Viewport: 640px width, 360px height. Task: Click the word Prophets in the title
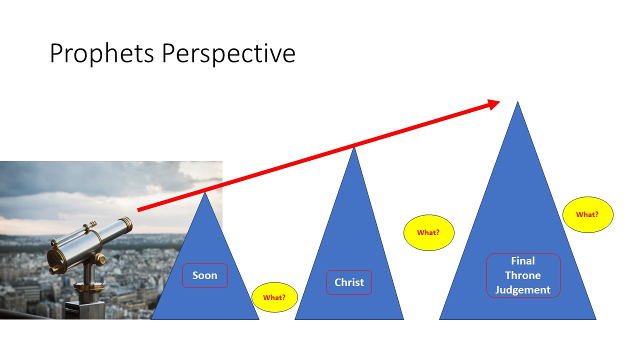(x=102, y=53)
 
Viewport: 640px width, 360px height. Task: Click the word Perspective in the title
(x=228, y=53)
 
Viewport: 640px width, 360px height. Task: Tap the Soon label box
(x=205, y=275)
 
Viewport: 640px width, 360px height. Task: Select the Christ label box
(x=349, y=282)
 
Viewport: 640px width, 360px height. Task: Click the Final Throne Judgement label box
(x=523, y=275)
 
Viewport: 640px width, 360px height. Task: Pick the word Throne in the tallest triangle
(x=523, y=275)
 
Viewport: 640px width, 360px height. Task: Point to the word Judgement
(x=523, y=290)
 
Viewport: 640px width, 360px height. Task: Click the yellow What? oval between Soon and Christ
(x=274, y=297)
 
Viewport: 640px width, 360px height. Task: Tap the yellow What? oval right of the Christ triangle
(x=428, y=232)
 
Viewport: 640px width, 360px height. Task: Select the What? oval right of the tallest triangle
(x=587, y=214)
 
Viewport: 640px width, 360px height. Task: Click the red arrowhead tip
(x=500, y=101)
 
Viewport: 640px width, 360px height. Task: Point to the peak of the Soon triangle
(x=205, y=192)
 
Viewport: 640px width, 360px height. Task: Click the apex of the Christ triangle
(x=354, y=147)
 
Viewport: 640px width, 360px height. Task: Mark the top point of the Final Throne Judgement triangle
(x=517, y=101)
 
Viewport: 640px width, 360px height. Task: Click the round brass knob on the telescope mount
(x=100, y=259)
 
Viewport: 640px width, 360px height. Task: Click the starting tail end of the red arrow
(x=138, y=210)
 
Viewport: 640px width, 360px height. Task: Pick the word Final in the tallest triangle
(x=523, y=261)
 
